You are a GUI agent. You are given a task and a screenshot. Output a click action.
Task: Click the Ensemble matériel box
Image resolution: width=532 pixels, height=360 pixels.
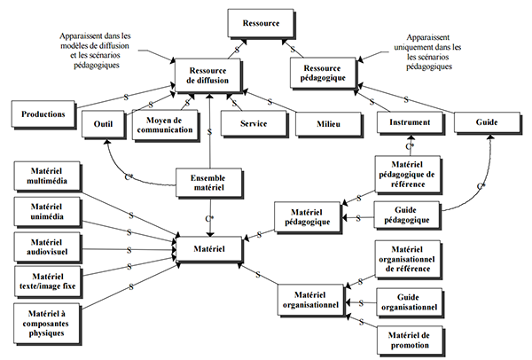click(208, 183)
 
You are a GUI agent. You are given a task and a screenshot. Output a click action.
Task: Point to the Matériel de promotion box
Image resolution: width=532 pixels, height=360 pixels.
click(410, 338)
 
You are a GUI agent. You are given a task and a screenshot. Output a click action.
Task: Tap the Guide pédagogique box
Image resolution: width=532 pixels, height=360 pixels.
click(410, 214)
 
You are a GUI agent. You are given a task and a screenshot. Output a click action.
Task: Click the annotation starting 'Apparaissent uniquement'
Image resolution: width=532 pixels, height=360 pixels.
click(429, 53)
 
